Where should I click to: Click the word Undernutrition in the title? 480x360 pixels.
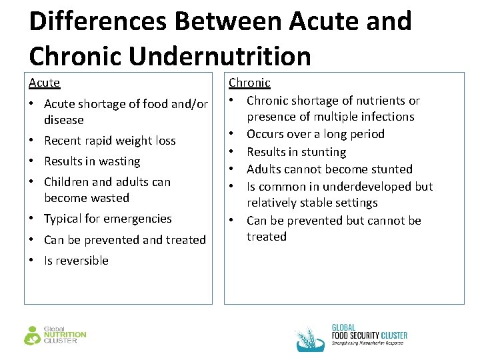click(220, 55)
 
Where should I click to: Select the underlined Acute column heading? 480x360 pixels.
click(44, 83)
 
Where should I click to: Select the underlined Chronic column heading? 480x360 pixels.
click(249, 83)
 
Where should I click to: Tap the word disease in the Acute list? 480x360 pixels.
click(64, 120)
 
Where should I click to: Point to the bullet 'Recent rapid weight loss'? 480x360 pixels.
click(109, 141)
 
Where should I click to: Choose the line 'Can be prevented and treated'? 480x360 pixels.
click(125, 239)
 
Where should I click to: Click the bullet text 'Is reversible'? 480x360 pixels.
click(76, 261)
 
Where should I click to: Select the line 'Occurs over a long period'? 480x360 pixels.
click(315, 134)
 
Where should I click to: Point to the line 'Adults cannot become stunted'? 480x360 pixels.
click(329, 169)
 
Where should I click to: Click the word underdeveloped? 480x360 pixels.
click(363, 187)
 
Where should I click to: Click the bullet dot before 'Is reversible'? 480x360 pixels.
click(33, 261)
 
